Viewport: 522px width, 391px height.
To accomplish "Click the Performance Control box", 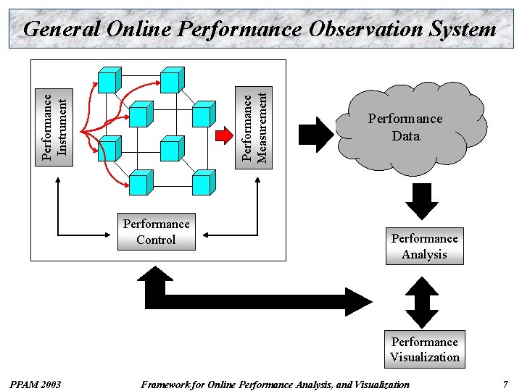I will click(156, 232).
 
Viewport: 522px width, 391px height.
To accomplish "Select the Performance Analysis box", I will click(424, 246).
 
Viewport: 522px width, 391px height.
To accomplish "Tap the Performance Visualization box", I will click(424, 349).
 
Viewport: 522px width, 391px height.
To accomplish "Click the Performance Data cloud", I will click(406, 127).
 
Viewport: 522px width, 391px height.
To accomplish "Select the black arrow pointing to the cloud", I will click(315, 135).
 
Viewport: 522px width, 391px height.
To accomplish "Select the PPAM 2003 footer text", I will click(36, 384).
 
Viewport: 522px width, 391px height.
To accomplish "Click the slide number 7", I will click(505, 384).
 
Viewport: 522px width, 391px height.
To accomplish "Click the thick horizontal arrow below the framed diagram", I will click(261, 298).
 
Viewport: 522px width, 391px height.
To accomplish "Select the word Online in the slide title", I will click(138, 29).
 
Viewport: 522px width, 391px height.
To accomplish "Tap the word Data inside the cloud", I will click(405, 135).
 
